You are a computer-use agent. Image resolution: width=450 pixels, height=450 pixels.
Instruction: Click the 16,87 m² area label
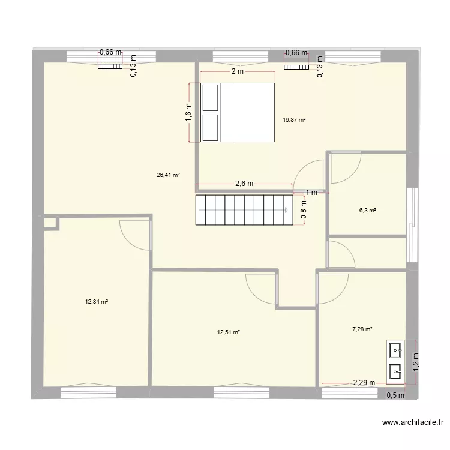[294, 119]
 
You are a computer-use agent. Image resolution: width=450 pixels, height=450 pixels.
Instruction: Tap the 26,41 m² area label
[168, 175]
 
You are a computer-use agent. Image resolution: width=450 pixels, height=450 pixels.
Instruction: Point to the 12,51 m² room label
[228, 332]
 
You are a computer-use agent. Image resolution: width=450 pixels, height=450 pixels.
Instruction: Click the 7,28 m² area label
[362, 329]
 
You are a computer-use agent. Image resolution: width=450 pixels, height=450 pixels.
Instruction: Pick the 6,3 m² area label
[367, 211]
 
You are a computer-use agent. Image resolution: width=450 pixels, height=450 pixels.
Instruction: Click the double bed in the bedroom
[237, 113]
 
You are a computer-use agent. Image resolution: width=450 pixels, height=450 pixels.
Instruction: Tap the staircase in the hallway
[243, 209]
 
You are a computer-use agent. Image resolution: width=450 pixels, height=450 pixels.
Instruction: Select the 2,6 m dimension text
[243, 184]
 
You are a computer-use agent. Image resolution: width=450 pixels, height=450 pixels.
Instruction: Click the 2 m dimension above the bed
[237, 71]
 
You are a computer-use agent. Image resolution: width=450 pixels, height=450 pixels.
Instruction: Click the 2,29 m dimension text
[363, 382]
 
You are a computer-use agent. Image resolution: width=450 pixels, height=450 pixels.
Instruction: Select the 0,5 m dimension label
[395, 395]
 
